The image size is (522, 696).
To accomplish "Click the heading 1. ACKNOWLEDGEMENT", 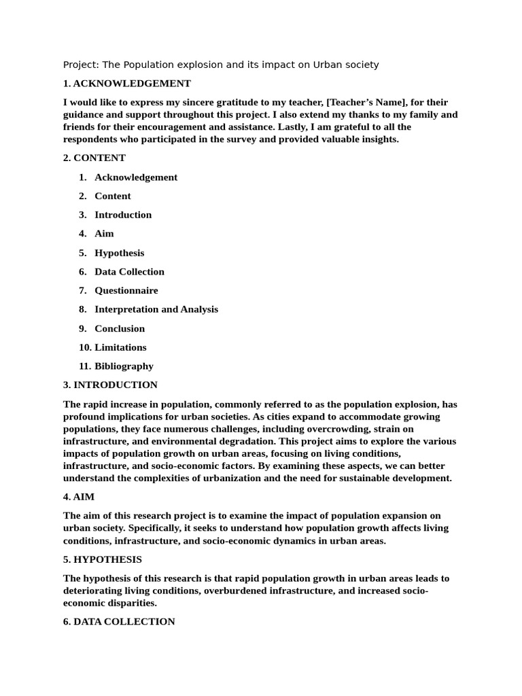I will [x=126, y=84].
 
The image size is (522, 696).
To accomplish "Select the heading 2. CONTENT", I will [x=94, y=158].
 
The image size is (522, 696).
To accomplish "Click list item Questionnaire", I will [x=126, y=290].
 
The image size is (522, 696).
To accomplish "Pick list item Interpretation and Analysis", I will [x=156, y=309].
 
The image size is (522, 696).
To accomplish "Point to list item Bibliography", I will [x=124, y=366].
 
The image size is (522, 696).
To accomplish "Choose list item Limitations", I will [x=120, y=347].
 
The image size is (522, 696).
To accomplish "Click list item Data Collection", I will [x=129, y=272].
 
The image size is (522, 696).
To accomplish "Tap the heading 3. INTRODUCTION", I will [x=110, y=385].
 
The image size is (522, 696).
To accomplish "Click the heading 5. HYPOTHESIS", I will [x=103, y=559].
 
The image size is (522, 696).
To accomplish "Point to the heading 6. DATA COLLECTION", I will [x=119, y=621].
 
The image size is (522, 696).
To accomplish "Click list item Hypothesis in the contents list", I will [x=119, y=253].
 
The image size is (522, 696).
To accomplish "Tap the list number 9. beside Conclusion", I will [x=82, y=328].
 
